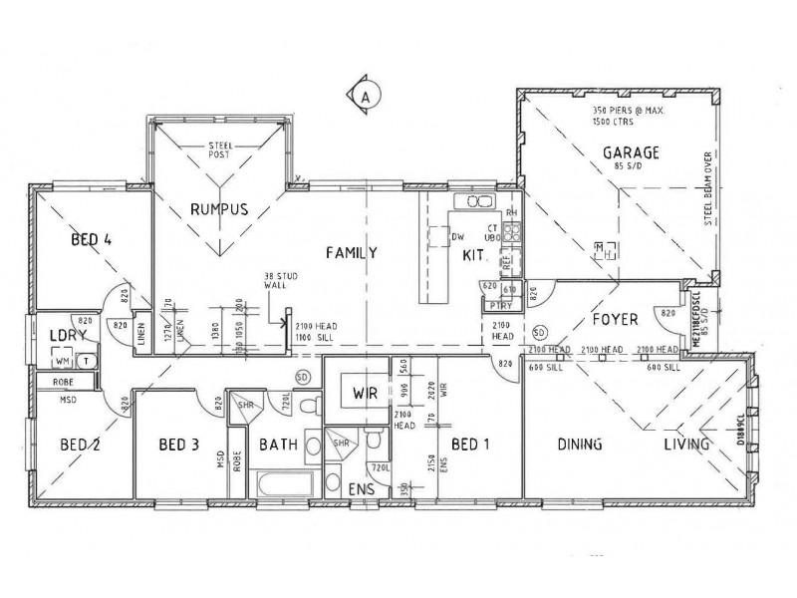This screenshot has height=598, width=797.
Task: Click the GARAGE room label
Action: (x=630, y=152)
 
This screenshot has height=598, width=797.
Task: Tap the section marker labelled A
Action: (x=366, y=97)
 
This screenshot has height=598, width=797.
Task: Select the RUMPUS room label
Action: (x=218, y=208)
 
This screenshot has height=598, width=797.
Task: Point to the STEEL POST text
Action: (x=220, y=151)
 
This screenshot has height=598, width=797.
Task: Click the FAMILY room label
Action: (x=352, y=253)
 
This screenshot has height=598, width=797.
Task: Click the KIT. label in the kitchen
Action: (x=473, y=257)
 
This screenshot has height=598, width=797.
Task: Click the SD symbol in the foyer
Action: (x=540, y=332)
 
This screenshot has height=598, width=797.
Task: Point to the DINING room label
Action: (x=578, y=446)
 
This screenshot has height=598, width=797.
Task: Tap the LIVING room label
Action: (x=687, y=446)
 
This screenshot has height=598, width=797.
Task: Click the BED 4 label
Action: (x=91, y=239)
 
